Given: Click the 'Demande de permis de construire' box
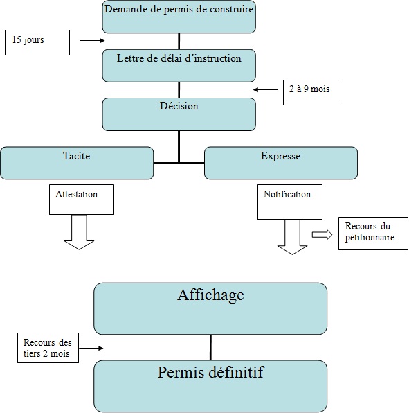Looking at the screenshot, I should (179, 17).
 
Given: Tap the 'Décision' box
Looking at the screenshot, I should (179, 114).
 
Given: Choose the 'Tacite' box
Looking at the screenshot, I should (76, 163).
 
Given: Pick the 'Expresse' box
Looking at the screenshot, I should (280, 163).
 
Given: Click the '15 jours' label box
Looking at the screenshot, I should (37, 42).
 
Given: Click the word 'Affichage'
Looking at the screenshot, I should (210, 295).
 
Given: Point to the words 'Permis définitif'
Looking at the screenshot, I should (210, 374).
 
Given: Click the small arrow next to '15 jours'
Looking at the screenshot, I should (91, 41).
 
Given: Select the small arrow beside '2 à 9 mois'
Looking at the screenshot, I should (265, 89).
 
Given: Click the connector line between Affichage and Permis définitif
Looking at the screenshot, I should (210, 347).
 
